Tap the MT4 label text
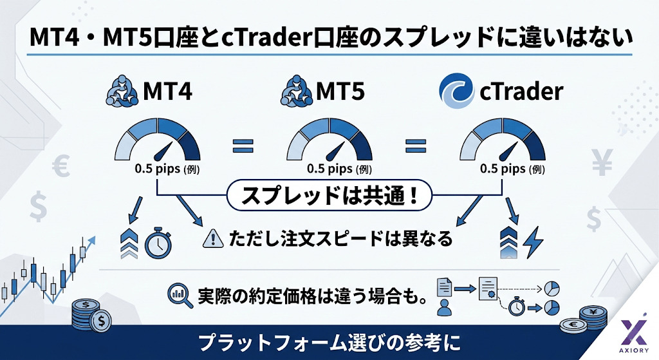[x=168, y=91]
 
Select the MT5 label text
[x=340, y=91]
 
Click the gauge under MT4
[x=158, y=140]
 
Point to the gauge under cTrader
[x=503, y=140]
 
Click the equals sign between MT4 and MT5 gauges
[x=243, y=146]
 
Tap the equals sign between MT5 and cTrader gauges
[x=416, y=146]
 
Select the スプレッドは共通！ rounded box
[x=329, y=195]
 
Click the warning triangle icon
[x=212, y=238]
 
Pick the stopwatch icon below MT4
[x=158, y=243]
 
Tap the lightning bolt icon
[x=533, y=243]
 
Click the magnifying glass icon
[x=180, y=295]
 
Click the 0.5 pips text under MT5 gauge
[x=330, y=169]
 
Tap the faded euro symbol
[x=61, y=166]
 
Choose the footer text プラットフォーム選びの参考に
[x=329, y=343]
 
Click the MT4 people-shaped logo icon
[x=122, y=90]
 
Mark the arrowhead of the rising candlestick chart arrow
[x=92, y=240]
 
